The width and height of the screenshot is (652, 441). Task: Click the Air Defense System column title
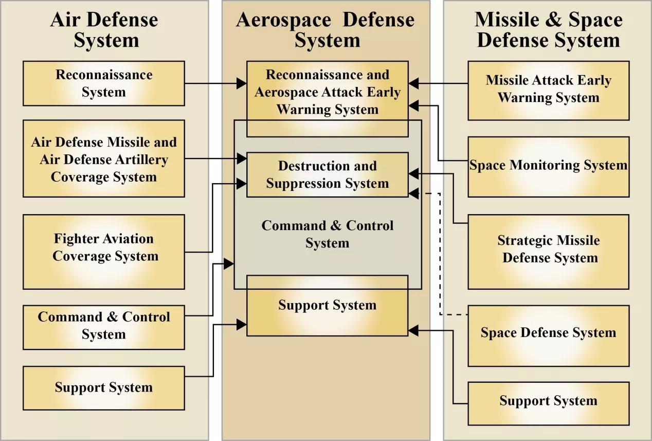(x=104, y=30)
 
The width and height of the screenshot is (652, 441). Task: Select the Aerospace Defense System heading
(x=325, y=30)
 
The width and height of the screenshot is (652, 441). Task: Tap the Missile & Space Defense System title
(x=548, y=30)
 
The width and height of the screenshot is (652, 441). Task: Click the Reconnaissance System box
(x=104, y=83)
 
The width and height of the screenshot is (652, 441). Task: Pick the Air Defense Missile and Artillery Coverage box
(x=104, y=158)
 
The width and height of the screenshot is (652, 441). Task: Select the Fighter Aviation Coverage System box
(x=104, y=252)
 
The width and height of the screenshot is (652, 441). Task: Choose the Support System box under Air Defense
(x=104, y=389)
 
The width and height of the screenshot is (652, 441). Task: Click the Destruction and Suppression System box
(x=328, y=175)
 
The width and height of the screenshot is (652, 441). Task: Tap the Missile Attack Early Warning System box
(x=549, y=91)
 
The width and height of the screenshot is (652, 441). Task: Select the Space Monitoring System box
(x=549, y=167)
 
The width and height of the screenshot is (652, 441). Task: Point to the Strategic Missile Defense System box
(x=549, y=252)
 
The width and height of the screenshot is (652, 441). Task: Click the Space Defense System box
(x=549, y=336)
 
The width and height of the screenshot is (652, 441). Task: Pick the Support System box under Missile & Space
(x=549, y=404)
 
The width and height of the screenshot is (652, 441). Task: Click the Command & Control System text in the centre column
(x=328, y=234)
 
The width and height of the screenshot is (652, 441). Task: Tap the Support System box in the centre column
(x=328, y=306)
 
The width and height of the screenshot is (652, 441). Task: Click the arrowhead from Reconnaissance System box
(x=242, y=83)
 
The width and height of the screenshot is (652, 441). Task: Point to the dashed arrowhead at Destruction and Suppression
(x=413, y=193)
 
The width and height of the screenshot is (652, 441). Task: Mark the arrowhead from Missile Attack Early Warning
(x=413, y=83)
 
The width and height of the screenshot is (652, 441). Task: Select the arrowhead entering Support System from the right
(x=413, y=330)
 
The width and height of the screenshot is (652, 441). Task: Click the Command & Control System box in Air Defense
(x=104, y=327)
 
